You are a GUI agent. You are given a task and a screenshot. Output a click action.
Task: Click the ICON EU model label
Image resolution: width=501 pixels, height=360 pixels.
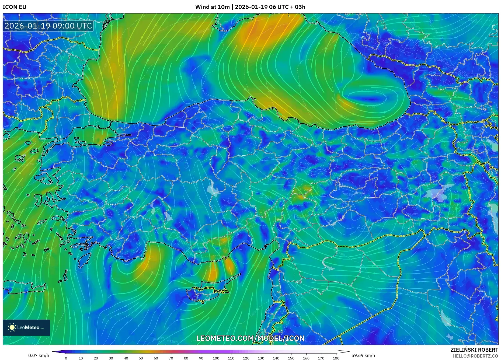pos(15,7)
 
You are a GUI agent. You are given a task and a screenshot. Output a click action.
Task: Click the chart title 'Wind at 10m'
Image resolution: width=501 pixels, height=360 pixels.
pos(212,7)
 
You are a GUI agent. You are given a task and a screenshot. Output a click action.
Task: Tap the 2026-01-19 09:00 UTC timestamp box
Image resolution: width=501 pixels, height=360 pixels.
pos(48,26)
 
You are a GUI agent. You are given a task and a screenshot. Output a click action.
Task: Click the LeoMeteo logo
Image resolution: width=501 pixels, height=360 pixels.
pos(26,327)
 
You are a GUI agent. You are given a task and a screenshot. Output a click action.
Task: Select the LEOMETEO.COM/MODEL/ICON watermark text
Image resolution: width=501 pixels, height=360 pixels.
pos(250,338)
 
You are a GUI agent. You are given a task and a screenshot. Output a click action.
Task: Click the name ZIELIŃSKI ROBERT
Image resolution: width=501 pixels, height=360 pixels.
pos(474,350)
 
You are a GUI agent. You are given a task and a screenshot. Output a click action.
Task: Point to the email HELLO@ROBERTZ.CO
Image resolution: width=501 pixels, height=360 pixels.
pos(475,356)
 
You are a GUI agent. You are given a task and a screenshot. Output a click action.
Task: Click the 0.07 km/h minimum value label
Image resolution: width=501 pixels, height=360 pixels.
pos(39,355)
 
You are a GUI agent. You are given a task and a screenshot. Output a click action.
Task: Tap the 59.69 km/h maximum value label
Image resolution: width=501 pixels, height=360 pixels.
pos(363,355)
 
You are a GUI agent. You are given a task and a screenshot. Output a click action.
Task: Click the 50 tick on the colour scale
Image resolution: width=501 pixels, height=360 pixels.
pos(141,358)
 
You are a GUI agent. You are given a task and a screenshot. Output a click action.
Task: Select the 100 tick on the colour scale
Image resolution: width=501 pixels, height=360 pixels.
pos(216,358)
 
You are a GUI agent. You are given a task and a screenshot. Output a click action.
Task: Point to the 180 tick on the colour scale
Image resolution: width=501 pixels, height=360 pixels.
pos(336,358)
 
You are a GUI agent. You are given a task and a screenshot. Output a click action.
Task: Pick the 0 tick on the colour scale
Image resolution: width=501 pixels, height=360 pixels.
pos(66,358)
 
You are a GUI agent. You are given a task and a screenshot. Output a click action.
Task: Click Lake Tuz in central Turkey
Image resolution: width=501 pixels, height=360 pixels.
pos(213,188)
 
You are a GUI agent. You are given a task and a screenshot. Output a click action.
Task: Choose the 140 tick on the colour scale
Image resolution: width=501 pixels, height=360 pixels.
pos(276,358)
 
